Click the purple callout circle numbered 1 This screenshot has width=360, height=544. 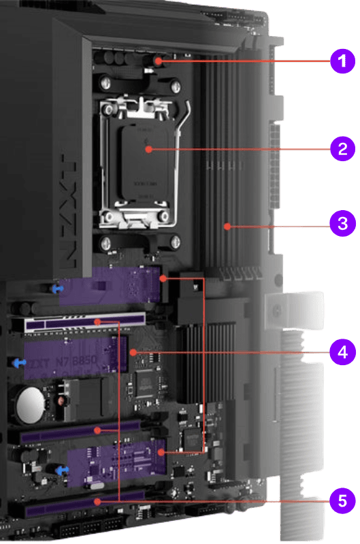[x=342, y=62]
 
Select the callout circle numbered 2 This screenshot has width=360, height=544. [x=342, y=149]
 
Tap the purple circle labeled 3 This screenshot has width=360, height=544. [x=342, y=224]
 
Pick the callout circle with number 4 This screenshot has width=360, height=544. [x=342, y=352]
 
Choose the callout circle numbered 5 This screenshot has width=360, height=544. [x=342, y=501]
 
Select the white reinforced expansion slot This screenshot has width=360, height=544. [x=85, y=320]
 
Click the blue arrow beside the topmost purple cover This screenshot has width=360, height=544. [x=59, y=287]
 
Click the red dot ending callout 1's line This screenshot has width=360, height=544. [x=158, y=62]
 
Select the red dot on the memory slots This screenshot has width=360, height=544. [x=225, y=224]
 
